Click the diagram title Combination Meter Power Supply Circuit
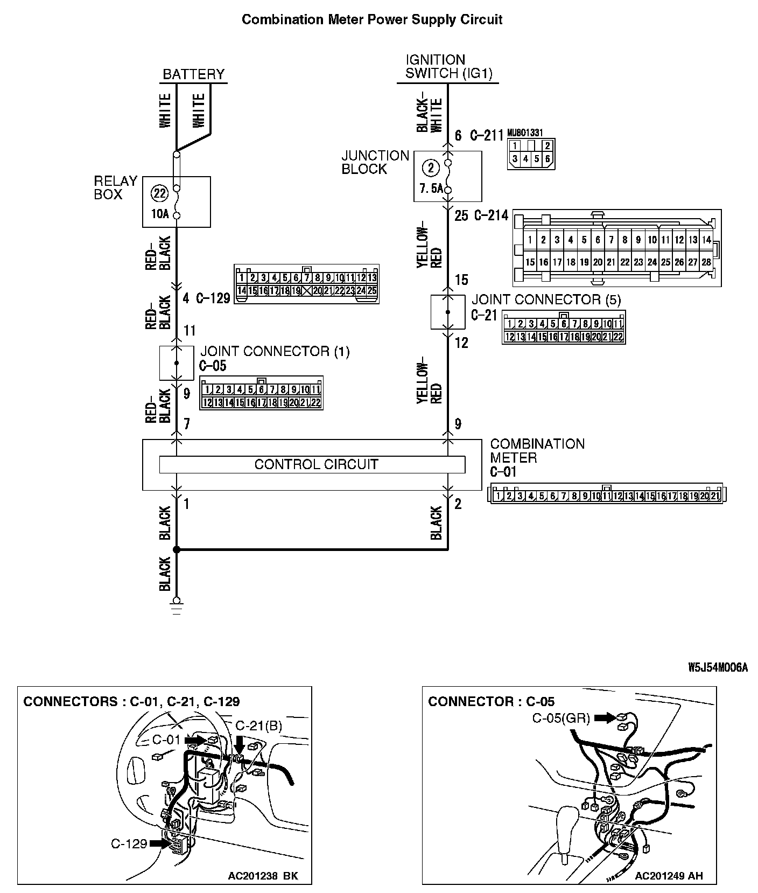[x=372, y=20]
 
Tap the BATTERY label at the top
[x=193, y=74]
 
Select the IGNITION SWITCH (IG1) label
[x=448, y=67]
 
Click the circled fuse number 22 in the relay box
[x=159, y=193]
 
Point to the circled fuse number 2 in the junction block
[x=431, y=168]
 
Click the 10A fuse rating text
[x=159, y=214]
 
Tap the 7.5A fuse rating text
[x=431, y=189]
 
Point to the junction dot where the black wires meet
[x=176, y=549]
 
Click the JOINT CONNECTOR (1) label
[x=275, y=352]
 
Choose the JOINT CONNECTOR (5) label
[x=546, y=299]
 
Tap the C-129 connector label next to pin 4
[x=213, y=298]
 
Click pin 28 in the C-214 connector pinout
[x=706, y=262]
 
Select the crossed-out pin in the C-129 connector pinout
[x=307, y=291]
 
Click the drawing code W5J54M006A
[x=718, y=667]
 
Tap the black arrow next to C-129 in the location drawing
[x=159, y=843]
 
